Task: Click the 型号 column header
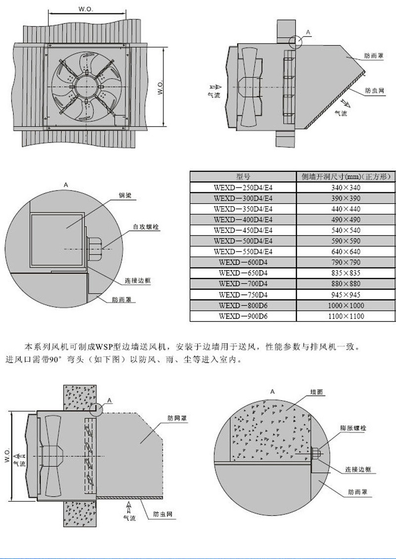243,177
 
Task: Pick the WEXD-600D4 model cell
243,263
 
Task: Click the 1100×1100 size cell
346,316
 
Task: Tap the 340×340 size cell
346,187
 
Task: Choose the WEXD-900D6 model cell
243,316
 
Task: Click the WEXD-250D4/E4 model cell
243,187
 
